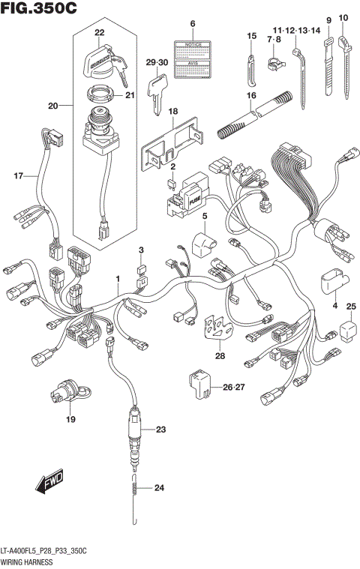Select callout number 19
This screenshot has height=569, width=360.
[x=70, y=419]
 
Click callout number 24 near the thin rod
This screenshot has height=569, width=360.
[x=157, y=488]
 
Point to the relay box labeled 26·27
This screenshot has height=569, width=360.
[x=199, y=384]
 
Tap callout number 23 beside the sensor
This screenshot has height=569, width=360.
[x=159, y=430]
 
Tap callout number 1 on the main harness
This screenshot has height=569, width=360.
[x=117, y=279]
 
